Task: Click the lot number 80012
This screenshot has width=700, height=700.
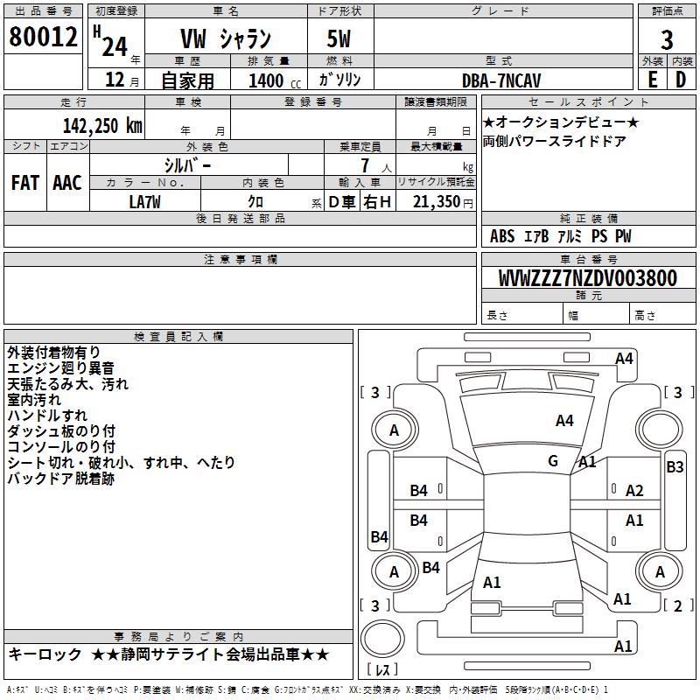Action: click(x=43, y=38)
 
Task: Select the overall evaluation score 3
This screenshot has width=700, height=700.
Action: click(x=667, y=40)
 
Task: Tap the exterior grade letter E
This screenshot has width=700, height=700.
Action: click(x=652, y=79)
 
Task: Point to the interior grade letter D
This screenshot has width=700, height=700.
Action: click(x=682, y=79)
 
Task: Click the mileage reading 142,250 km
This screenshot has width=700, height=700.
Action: click(x=102, y=125)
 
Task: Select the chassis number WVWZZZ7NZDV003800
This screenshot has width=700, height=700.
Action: click(x=587, y=279)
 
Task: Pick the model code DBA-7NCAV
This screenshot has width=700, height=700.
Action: click(x=501, y=80)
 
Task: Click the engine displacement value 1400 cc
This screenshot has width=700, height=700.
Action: click(x=273, y=80)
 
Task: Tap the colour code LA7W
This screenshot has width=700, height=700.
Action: click(x=145, y=200)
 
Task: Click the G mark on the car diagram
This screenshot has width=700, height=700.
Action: click(x=553, y=461)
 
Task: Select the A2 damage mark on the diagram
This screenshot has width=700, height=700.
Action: click(x=634, y=491)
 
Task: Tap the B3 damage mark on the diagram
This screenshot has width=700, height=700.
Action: click(x=675, y=467)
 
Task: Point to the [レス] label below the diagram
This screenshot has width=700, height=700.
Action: click(x=382, y=670)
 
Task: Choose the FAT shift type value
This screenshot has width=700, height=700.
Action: click(x=25, y=183)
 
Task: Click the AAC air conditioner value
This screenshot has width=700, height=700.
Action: click(x=67, y=183)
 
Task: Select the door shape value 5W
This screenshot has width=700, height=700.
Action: click(x=340, y=39)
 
